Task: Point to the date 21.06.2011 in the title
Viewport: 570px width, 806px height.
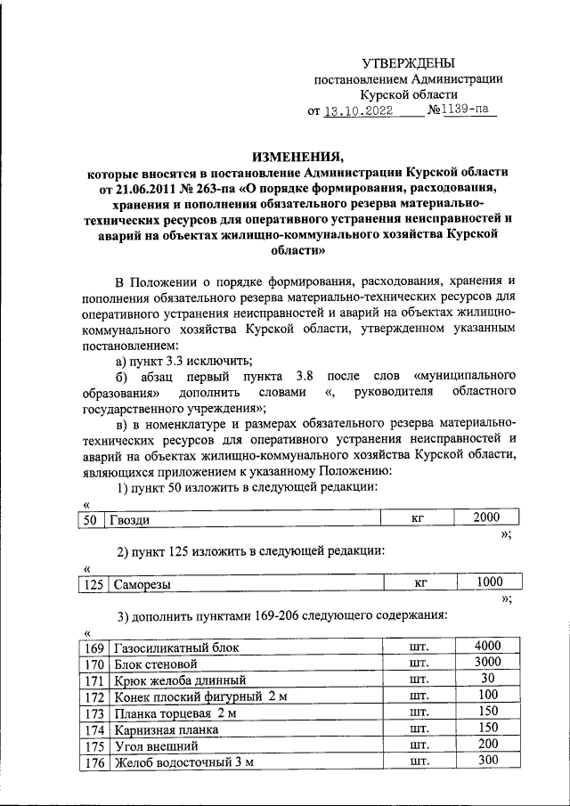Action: [x=141, y=189]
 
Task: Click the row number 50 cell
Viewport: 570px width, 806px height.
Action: [x=88, y=520]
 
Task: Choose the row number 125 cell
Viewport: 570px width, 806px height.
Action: [x=92, y=585]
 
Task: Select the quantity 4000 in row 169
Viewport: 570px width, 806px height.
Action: [x=489, y=646]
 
